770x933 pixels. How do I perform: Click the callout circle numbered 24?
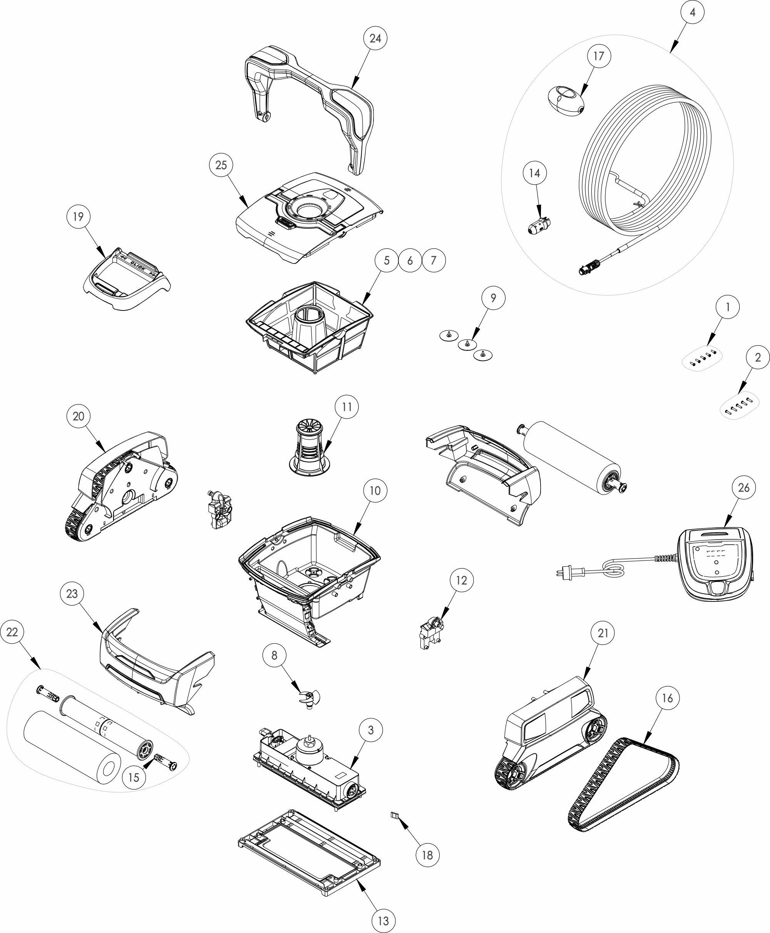point(375,39)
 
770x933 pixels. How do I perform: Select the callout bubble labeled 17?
point(599,56)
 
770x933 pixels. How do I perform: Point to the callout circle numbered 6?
point(410,260)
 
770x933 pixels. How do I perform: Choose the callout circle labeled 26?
point(744,488)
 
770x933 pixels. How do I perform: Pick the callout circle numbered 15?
point(134,777)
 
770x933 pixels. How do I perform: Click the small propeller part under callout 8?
point(309,700)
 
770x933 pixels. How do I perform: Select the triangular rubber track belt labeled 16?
point(623,784)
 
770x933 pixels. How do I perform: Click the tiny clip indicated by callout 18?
point(395,815)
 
